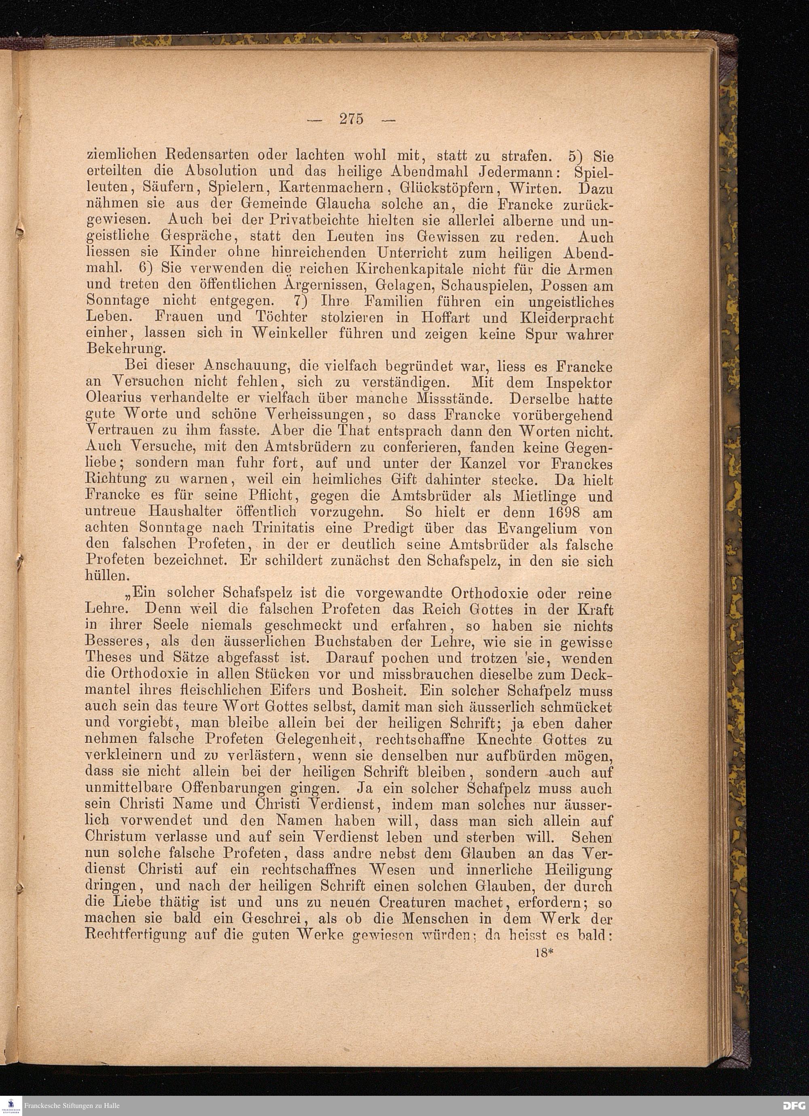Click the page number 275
click(x=351, y=119)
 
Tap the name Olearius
click(x=115, y=398)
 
